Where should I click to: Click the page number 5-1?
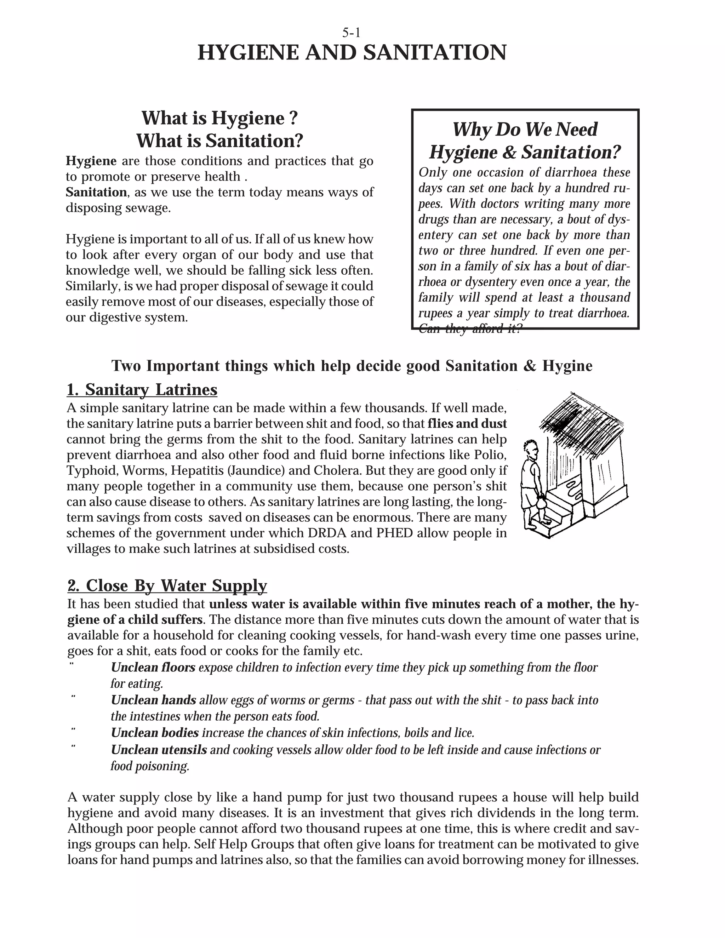[351, 33]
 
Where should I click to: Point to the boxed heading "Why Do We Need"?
[525, 129]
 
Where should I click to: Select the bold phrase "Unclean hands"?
[153, 700]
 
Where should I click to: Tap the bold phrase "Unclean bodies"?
[155, 733]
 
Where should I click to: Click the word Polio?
[490, 455]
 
